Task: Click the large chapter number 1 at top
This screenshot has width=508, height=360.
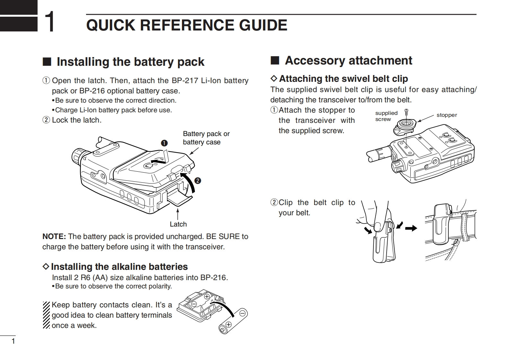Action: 49,22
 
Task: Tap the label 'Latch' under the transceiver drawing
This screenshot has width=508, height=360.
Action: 178,224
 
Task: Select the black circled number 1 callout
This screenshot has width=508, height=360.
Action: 164,143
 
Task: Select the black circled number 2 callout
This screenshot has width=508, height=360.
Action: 198,181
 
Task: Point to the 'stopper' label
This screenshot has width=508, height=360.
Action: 446,115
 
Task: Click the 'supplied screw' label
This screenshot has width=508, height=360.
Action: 386,116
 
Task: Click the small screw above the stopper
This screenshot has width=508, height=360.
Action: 406,112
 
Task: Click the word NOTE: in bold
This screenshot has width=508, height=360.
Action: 54,236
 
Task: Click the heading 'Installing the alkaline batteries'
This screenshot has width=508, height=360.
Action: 119,267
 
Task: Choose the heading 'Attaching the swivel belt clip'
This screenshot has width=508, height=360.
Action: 343,79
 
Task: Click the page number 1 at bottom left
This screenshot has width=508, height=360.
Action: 13,341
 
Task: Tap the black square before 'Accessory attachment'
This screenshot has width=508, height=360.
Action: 275,60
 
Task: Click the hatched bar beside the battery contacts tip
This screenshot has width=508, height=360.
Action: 46,315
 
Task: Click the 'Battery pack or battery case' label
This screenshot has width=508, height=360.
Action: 206,138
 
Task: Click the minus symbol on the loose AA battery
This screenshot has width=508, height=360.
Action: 243,313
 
